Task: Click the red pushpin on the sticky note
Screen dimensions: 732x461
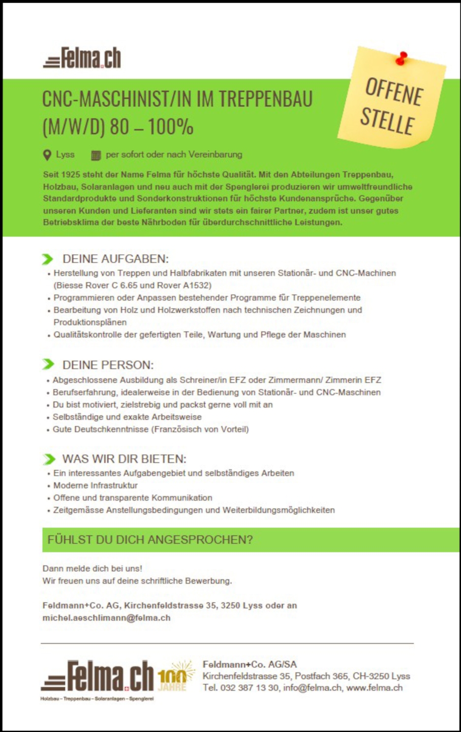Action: (x=403, y=57)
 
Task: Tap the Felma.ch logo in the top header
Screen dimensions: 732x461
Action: (x=82, y=58)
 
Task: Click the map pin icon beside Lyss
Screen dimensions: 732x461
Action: (x=47, y=155)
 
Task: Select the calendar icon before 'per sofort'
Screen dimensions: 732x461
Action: (x=96, y=155)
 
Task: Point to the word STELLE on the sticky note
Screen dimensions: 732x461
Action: (x=387, y=120)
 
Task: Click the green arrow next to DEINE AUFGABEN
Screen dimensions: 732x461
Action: (x=48, y=259)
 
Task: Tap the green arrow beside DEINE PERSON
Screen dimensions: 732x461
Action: (x=48, y=364)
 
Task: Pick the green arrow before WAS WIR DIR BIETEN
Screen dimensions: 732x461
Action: (x=49, y=459)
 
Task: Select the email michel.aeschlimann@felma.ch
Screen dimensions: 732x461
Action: (x=106, y=618)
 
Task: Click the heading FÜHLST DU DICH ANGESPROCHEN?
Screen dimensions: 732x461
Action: (x=150, y=540)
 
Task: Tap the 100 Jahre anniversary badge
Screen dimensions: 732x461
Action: (x=174, y=676)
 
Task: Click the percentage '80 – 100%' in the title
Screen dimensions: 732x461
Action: (x=152, y=127)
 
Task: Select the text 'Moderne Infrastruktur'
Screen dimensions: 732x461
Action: (x=95, y=485)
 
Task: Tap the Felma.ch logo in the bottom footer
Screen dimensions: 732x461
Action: (x=98, y=677)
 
